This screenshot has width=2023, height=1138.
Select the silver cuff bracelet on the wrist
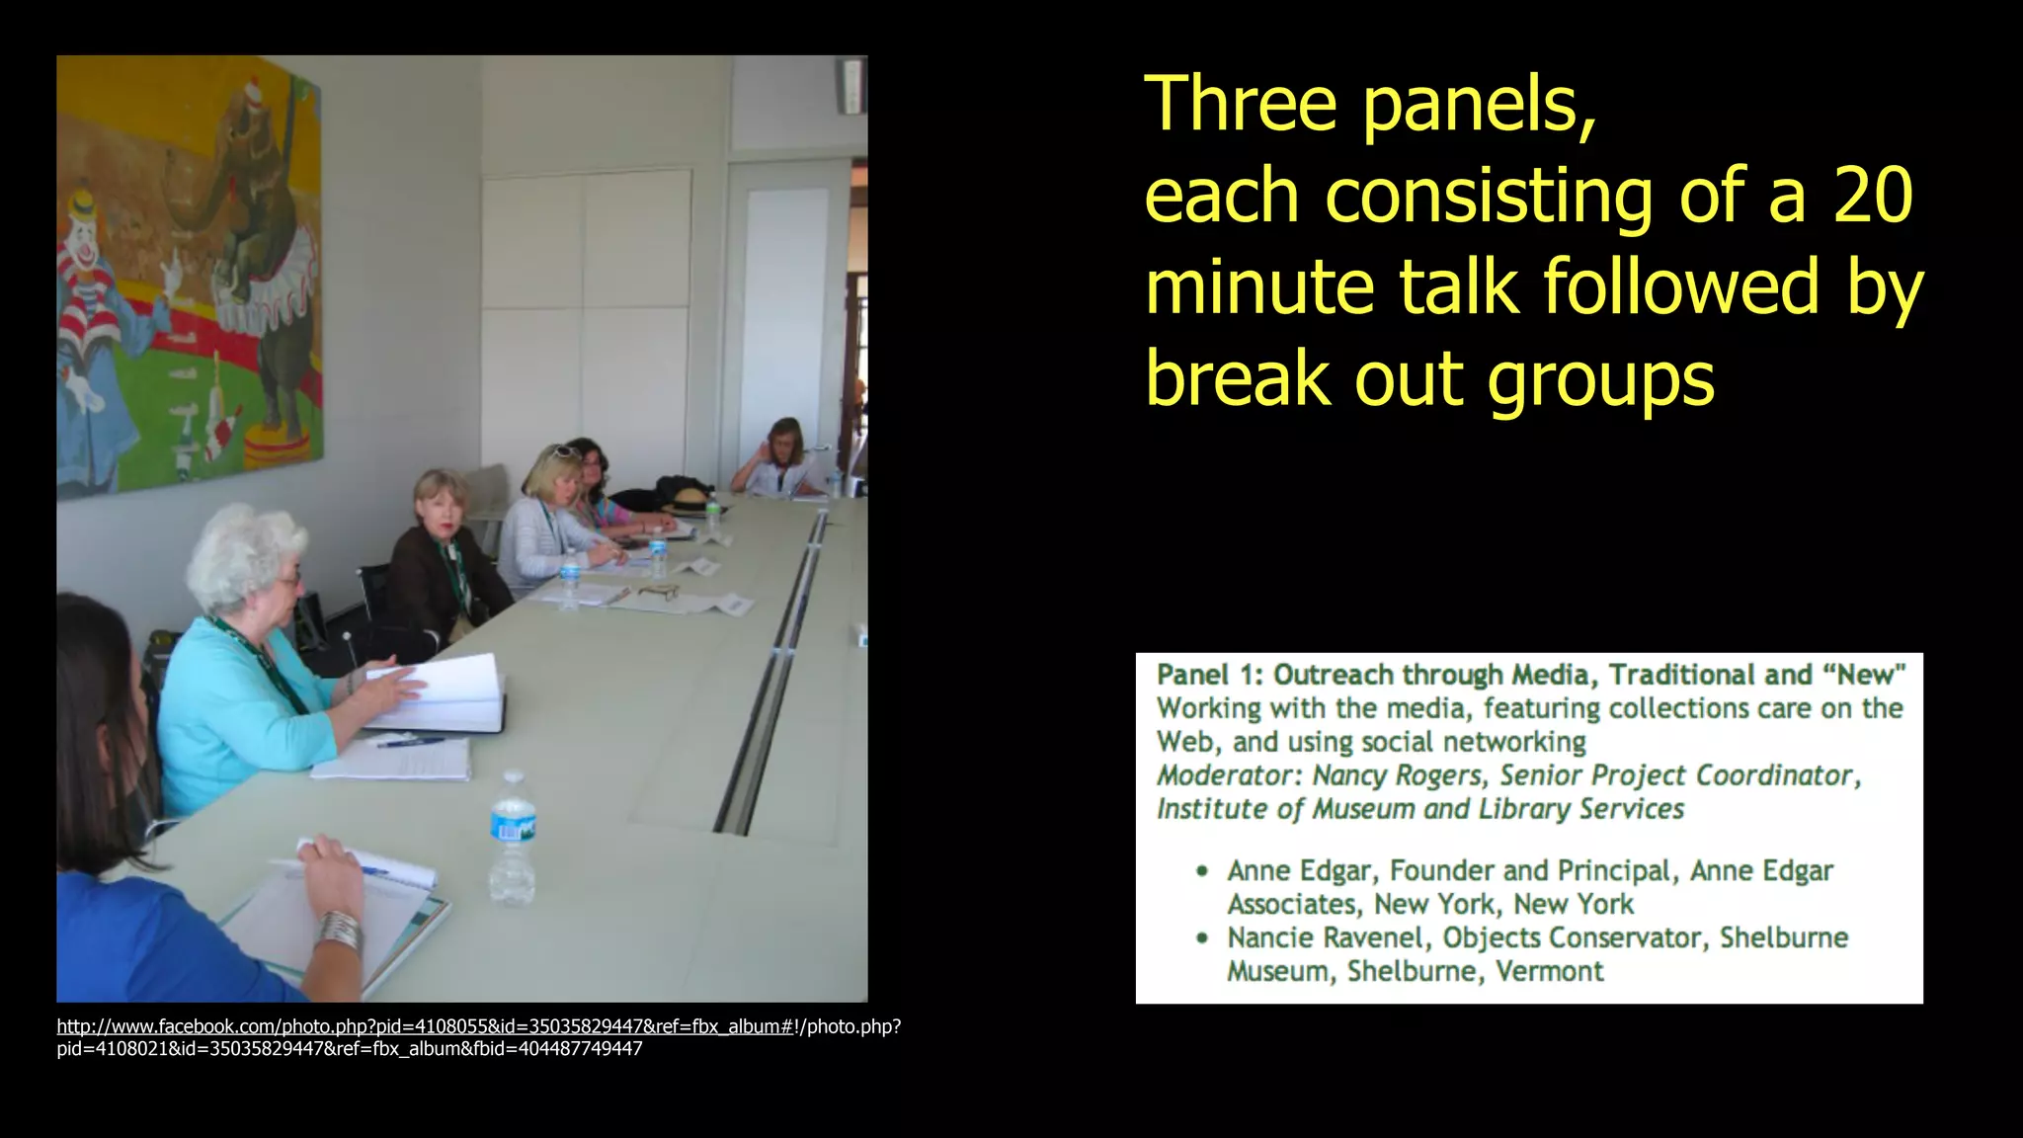tap(339, 929)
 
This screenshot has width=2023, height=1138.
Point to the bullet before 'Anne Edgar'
tap(1202, 871)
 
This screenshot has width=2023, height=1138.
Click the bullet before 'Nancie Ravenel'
tap(1202, 937)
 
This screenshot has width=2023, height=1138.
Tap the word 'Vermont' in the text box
tap(1549, 971)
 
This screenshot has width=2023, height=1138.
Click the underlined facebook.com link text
tap(425, 1026)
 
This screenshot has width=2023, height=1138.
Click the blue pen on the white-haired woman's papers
tap(410, 741)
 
